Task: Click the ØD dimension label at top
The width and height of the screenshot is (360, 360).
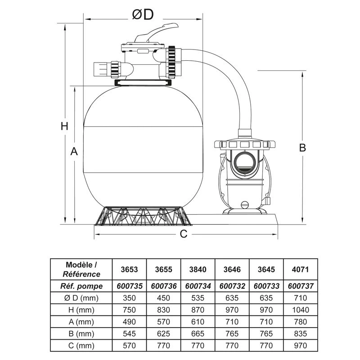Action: pos(143,15)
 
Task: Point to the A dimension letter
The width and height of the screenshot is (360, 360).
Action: pos(75,153)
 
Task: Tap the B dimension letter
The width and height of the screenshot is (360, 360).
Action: pos(303,147)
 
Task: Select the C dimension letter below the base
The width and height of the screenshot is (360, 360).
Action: pos(183,234)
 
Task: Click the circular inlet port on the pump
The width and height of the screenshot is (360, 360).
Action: pos(243,161)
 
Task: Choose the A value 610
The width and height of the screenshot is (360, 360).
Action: pos(198,322)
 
